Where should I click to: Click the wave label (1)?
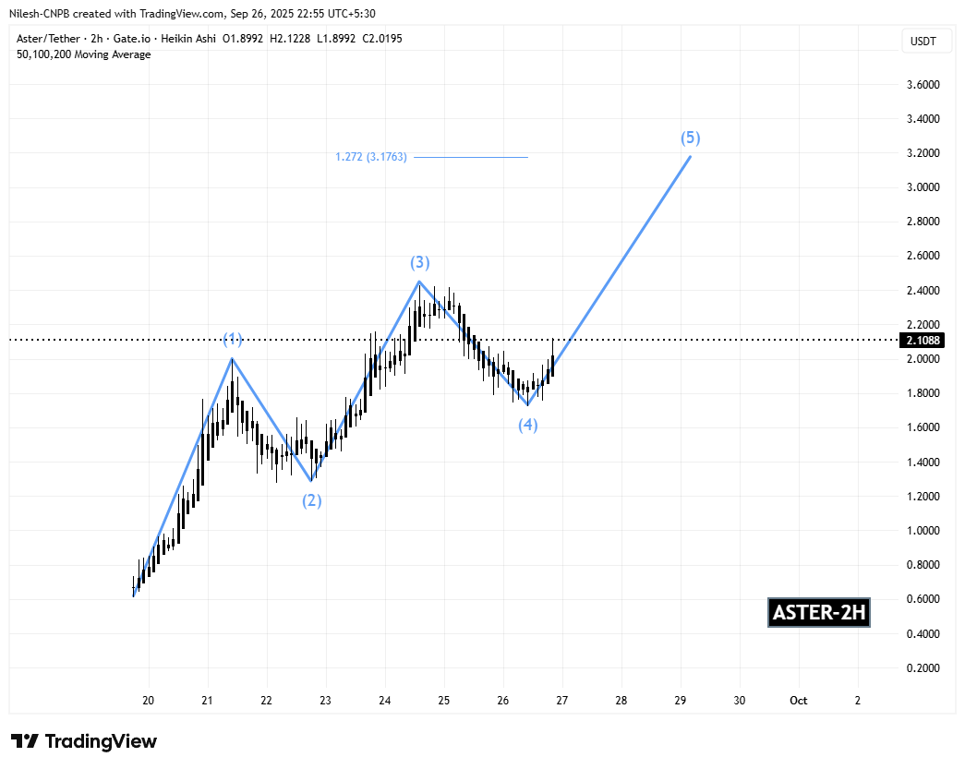pos(232,340)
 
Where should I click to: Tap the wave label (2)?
pos(312,501)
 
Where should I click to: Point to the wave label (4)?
pos(527,425)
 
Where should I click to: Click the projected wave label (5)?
pos(691,138)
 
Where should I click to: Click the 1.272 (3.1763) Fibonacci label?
pos(371,157)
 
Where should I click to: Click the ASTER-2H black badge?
pos(819,613)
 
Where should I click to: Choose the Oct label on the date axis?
pos(799,701)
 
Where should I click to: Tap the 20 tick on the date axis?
pos(148,701)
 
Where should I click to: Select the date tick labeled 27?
pos(562,701)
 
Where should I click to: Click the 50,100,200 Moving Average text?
pos(84,54)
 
